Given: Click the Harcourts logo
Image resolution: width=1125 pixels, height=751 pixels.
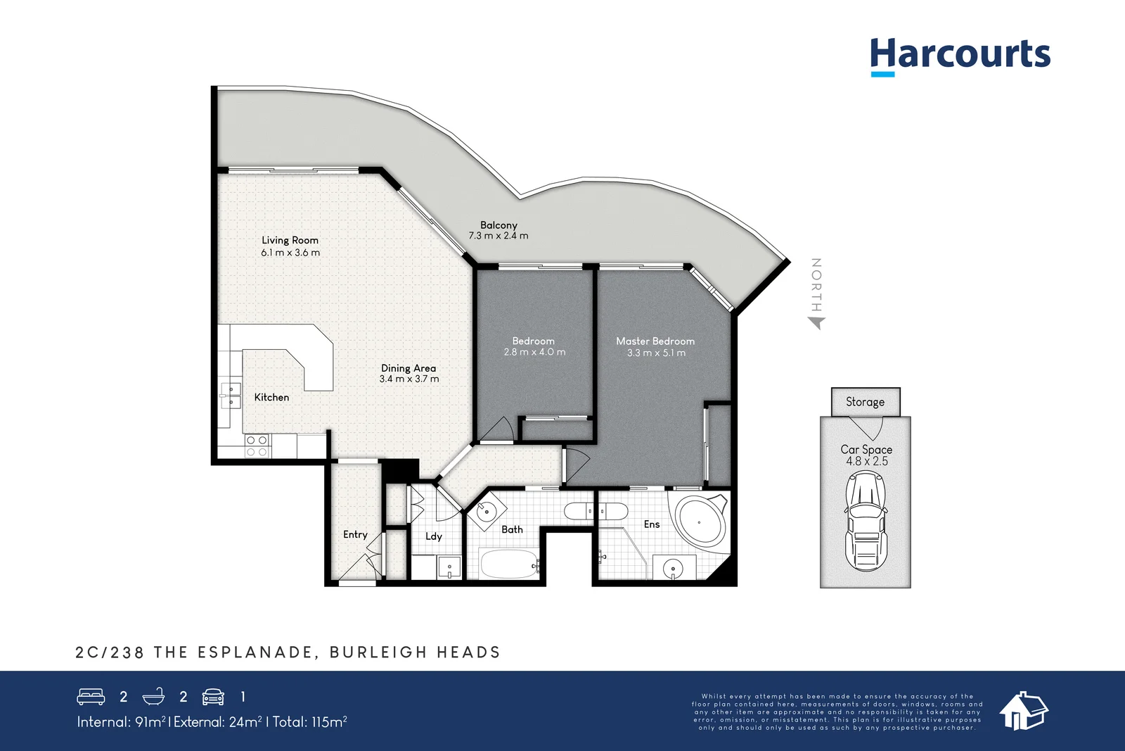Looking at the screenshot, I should click(960, 55).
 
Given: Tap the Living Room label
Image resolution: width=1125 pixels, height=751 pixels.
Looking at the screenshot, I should click(290, 240).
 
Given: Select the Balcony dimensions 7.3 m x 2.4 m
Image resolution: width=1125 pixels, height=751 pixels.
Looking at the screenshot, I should click(499, 236).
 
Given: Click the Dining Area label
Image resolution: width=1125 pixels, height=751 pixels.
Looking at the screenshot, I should click(409, 368).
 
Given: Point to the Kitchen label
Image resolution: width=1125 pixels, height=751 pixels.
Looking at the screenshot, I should click(271, 397).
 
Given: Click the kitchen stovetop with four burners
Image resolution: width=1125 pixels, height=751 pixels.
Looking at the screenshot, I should click(257, 446).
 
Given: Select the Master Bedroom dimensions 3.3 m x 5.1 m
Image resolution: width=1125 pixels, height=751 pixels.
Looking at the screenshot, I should click(655, 353).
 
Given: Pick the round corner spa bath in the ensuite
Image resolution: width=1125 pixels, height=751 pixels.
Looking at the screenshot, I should click(699, 522).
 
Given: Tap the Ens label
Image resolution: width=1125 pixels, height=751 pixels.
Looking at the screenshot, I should click(652, 524).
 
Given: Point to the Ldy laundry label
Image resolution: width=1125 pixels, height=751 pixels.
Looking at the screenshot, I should click(434, 536).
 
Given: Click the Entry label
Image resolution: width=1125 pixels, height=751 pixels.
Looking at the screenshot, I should click(355, 535).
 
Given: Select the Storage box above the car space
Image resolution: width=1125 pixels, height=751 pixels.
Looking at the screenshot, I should click(865, 402).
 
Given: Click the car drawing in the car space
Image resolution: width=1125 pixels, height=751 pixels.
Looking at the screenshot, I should click(866, 521).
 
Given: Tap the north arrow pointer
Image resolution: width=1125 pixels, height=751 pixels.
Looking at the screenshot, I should click(816, 322).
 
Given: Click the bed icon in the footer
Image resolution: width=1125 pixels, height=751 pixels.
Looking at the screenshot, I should click(91, 697).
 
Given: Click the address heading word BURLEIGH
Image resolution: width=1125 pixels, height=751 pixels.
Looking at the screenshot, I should click(378, 652).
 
